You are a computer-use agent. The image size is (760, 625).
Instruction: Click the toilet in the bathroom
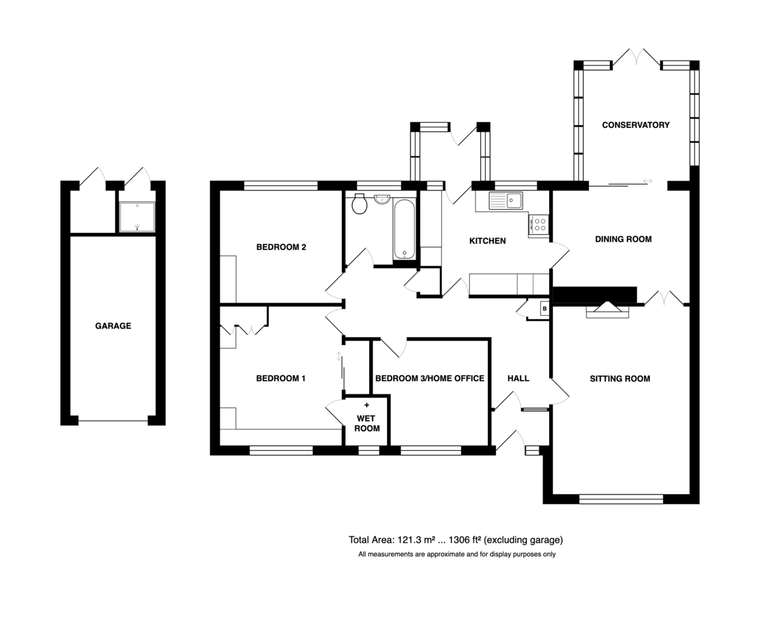pos(359,203)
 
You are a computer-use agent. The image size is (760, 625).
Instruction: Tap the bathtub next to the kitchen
pos(404,229)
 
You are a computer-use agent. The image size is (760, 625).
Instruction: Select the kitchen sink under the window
pos(505,201)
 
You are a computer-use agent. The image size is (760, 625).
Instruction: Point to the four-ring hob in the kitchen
pos(539,225)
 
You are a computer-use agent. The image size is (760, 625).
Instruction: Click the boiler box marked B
pos(545,309)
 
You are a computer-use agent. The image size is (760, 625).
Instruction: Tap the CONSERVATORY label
pos(636,125)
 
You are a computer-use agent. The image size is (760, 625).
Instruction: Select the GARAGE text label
pos(113,326)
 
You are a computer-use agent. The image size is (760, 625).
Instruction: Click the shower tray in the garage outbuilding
pos(137,217)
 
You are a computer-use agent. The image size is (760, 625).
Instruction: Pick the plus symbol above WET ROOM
pos(367,405)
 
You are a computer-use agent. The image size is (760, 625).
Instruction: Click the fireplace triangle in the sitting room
pos(607,306)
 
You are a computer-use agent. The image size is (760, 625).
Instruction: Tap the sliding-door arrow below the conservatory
pos(647,181)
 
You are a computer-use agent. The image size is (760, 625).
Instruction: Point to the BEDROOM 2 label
pos(281,247)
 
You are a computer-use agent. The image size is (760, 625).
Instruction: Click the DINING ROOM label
pos(623,239)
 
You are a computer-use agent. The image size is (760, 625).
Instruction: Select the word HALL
pos(518,378)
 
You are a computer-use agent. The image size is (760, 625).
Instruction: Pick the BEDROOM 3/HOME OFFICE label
pos(430,378)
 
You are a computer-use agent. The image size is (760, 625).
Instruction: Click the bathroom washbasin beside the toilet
pos(382,199)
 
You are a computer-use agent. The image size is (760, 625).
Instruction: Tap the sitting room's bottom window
pos(621,499)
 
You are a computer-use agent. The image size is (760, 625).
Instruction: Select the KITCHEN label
pos(487,241)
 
